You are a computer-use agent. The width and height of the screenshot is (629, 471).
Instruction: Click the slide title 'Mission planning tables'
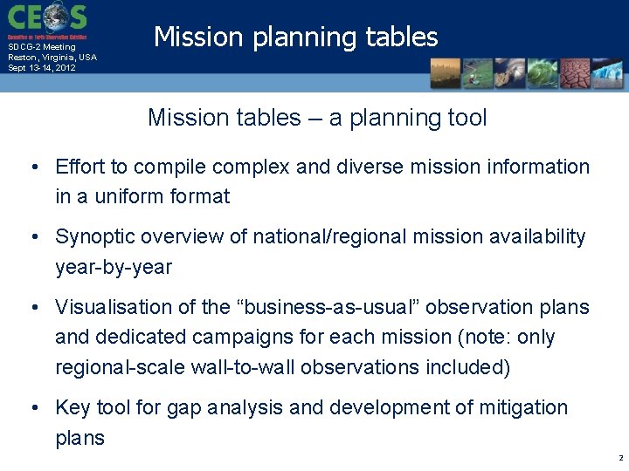point(295,37)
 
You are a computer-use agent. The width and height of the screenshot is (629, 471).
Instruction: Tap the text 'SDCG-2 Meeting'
point(42,47)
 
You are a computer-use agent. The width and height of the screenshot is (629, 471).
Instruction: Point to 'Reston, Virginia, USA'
point(52,58)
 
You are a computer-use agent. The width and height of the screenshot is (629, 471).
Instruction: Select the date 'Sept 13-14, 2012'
point(42,68)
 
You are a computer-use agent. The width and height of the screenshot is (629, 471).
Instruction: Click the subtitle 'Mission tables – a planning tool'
point(317,118)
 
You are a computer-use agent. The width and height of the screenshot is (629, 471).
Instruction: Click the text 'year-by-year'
point(114,268)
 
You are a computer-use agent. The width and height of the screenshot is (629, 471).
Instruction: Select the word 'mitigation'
point(522,408)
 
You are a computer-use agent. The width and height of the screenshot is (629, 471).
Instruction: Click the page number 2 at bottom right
point(619,458)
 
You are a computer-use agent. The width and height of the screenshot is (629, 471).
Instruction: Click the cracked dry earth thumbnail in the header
point(574,73)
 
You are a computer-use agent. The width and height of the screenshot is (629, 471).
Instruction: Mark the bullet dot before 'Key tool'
point(31,408)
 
